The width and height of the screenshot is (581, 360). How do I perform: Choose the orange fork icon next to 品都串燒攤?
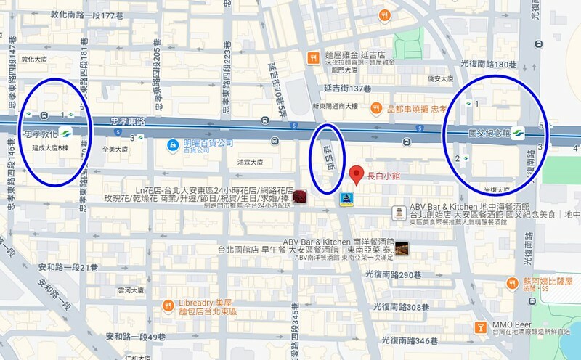(376, 108)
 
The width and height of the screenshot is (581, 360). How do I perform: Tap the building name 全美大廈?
(115, 149)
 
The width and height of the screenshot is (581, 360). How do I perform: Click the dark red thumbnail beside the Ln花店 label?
(299, 197)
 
